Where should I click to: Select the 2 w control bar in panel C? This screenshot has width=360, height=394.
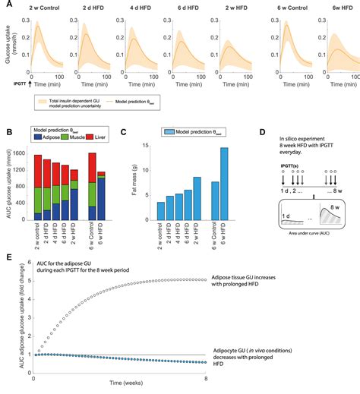(160, 213)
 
